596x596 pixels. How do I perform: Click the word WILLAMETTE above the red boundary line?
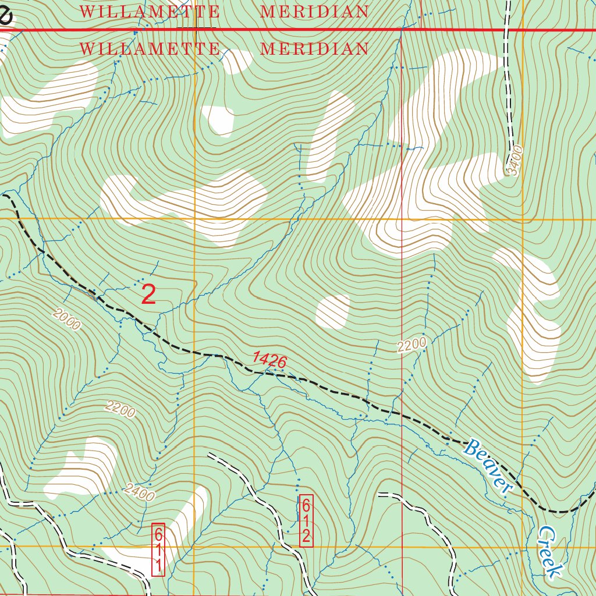[150, 11]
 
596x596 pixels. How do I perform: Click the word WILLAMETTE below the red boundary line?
[150, 48]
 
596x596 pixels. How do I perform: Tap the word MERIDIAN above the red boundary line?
[314, 11]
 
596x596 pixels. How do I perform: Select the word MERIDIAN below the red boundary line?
[314, 48]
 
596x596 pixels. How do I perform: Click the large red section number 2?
[149, 295]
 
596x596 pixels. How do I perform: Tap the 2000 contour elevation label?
[66, 320]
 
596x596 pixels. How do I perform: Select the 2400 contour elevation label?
[140, 494]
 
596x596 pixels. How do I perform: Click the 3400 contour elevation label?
[515, 161]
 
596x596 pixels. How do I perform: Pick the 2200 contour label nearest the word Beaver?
[412, 345]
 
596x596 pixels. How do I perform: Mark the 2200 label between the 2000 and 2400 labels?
[120, 410]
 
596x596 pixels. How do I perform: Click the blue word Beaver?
[487, 466]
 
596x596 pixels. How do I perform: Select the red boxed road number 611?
[158, 549]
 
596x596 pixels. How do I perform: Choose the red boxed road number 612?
[306, 520]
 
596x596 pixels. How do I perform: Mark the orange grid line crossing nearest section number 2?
[194, 218]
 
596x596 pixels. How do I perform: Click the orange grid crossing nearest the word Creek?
[523, 547]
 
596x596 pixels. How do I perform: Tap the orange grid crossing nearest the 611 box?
[194, 547]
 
